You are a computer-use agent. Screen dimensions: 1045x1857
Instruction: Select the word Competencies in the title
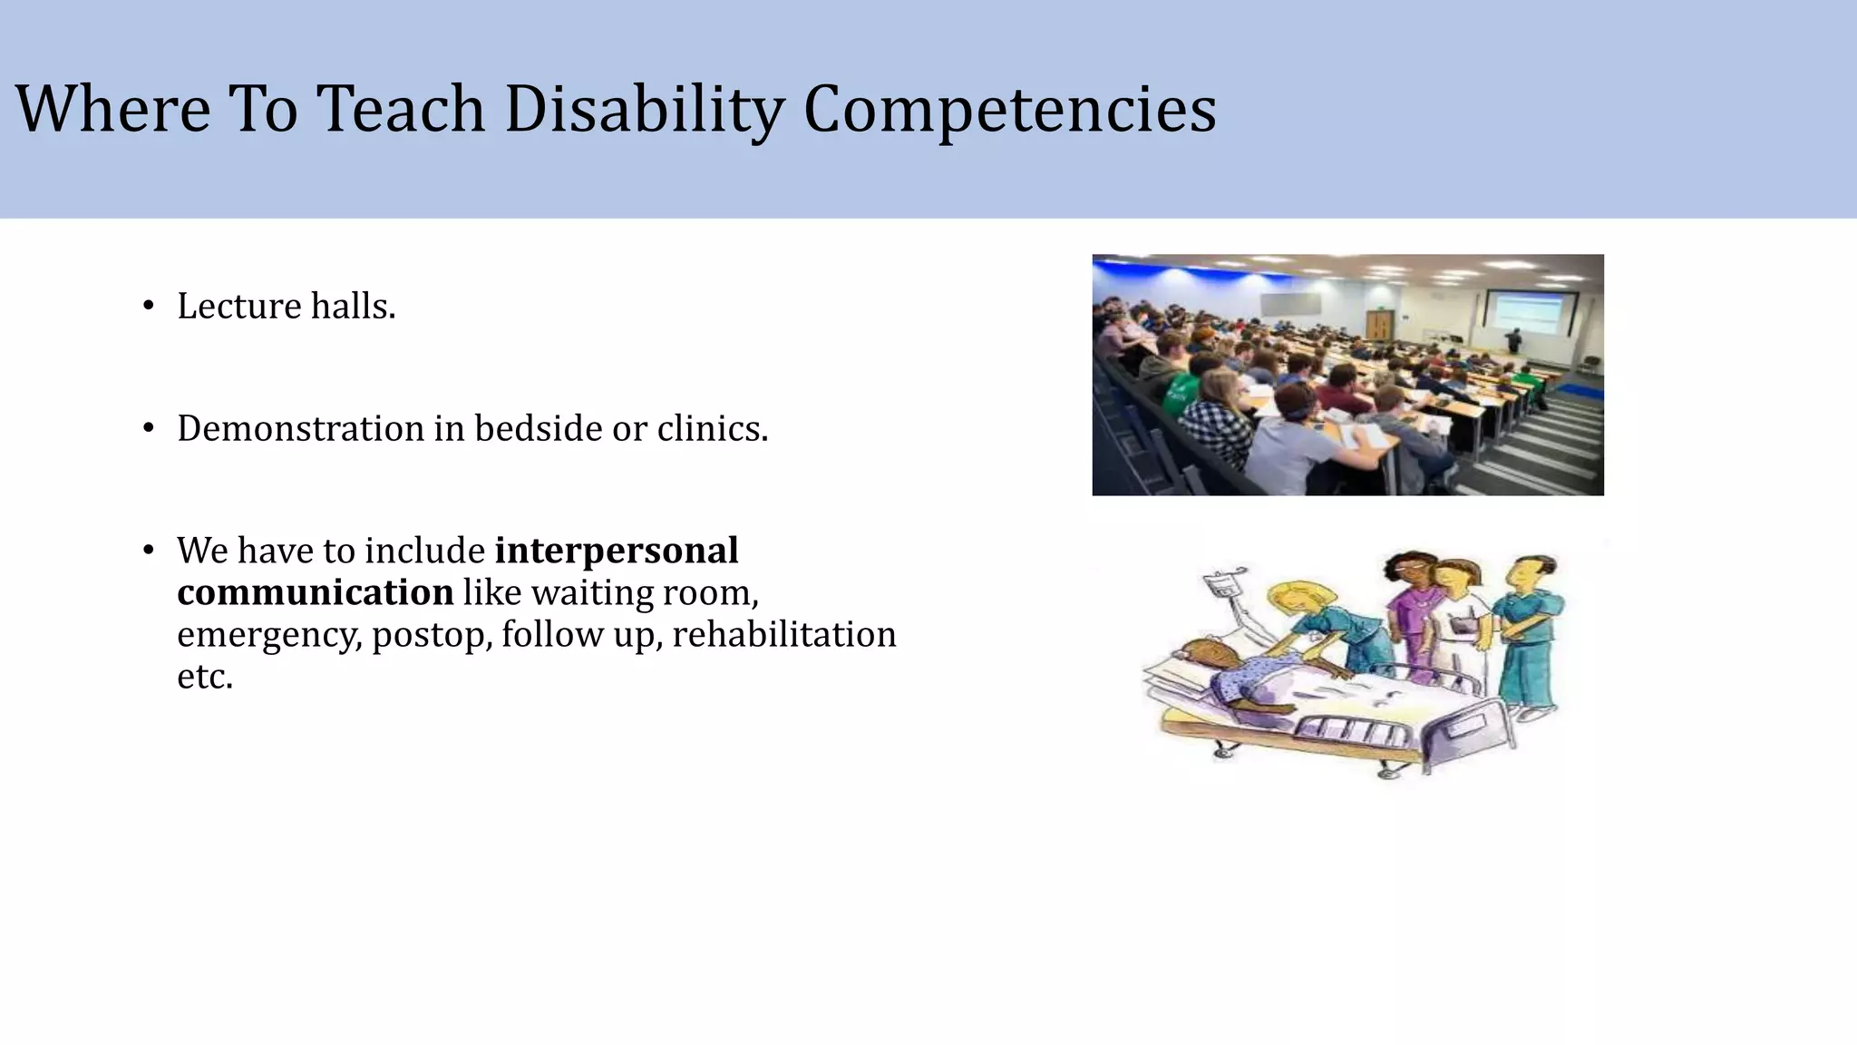click(1009, 109)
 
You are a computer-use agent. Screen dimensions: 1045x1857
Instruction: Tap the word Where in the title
click(112, 109)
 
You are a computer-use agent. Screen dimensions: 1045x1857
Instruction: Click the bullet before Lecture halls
click(149, 307)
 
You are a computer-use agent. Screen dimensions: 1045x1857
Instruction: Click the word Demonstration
click(300, 428)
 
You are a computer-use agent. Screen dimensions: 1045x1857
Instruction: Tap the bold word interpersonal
click(617, 551)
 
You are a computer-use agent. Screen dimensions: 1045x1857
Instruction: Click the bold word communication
click(315, 592)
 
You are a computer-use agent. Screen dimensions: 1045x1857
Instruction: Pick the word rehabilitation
click(783, 634)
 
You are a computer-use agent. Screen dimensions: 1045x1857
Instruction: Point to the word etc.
click(204, 676)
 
